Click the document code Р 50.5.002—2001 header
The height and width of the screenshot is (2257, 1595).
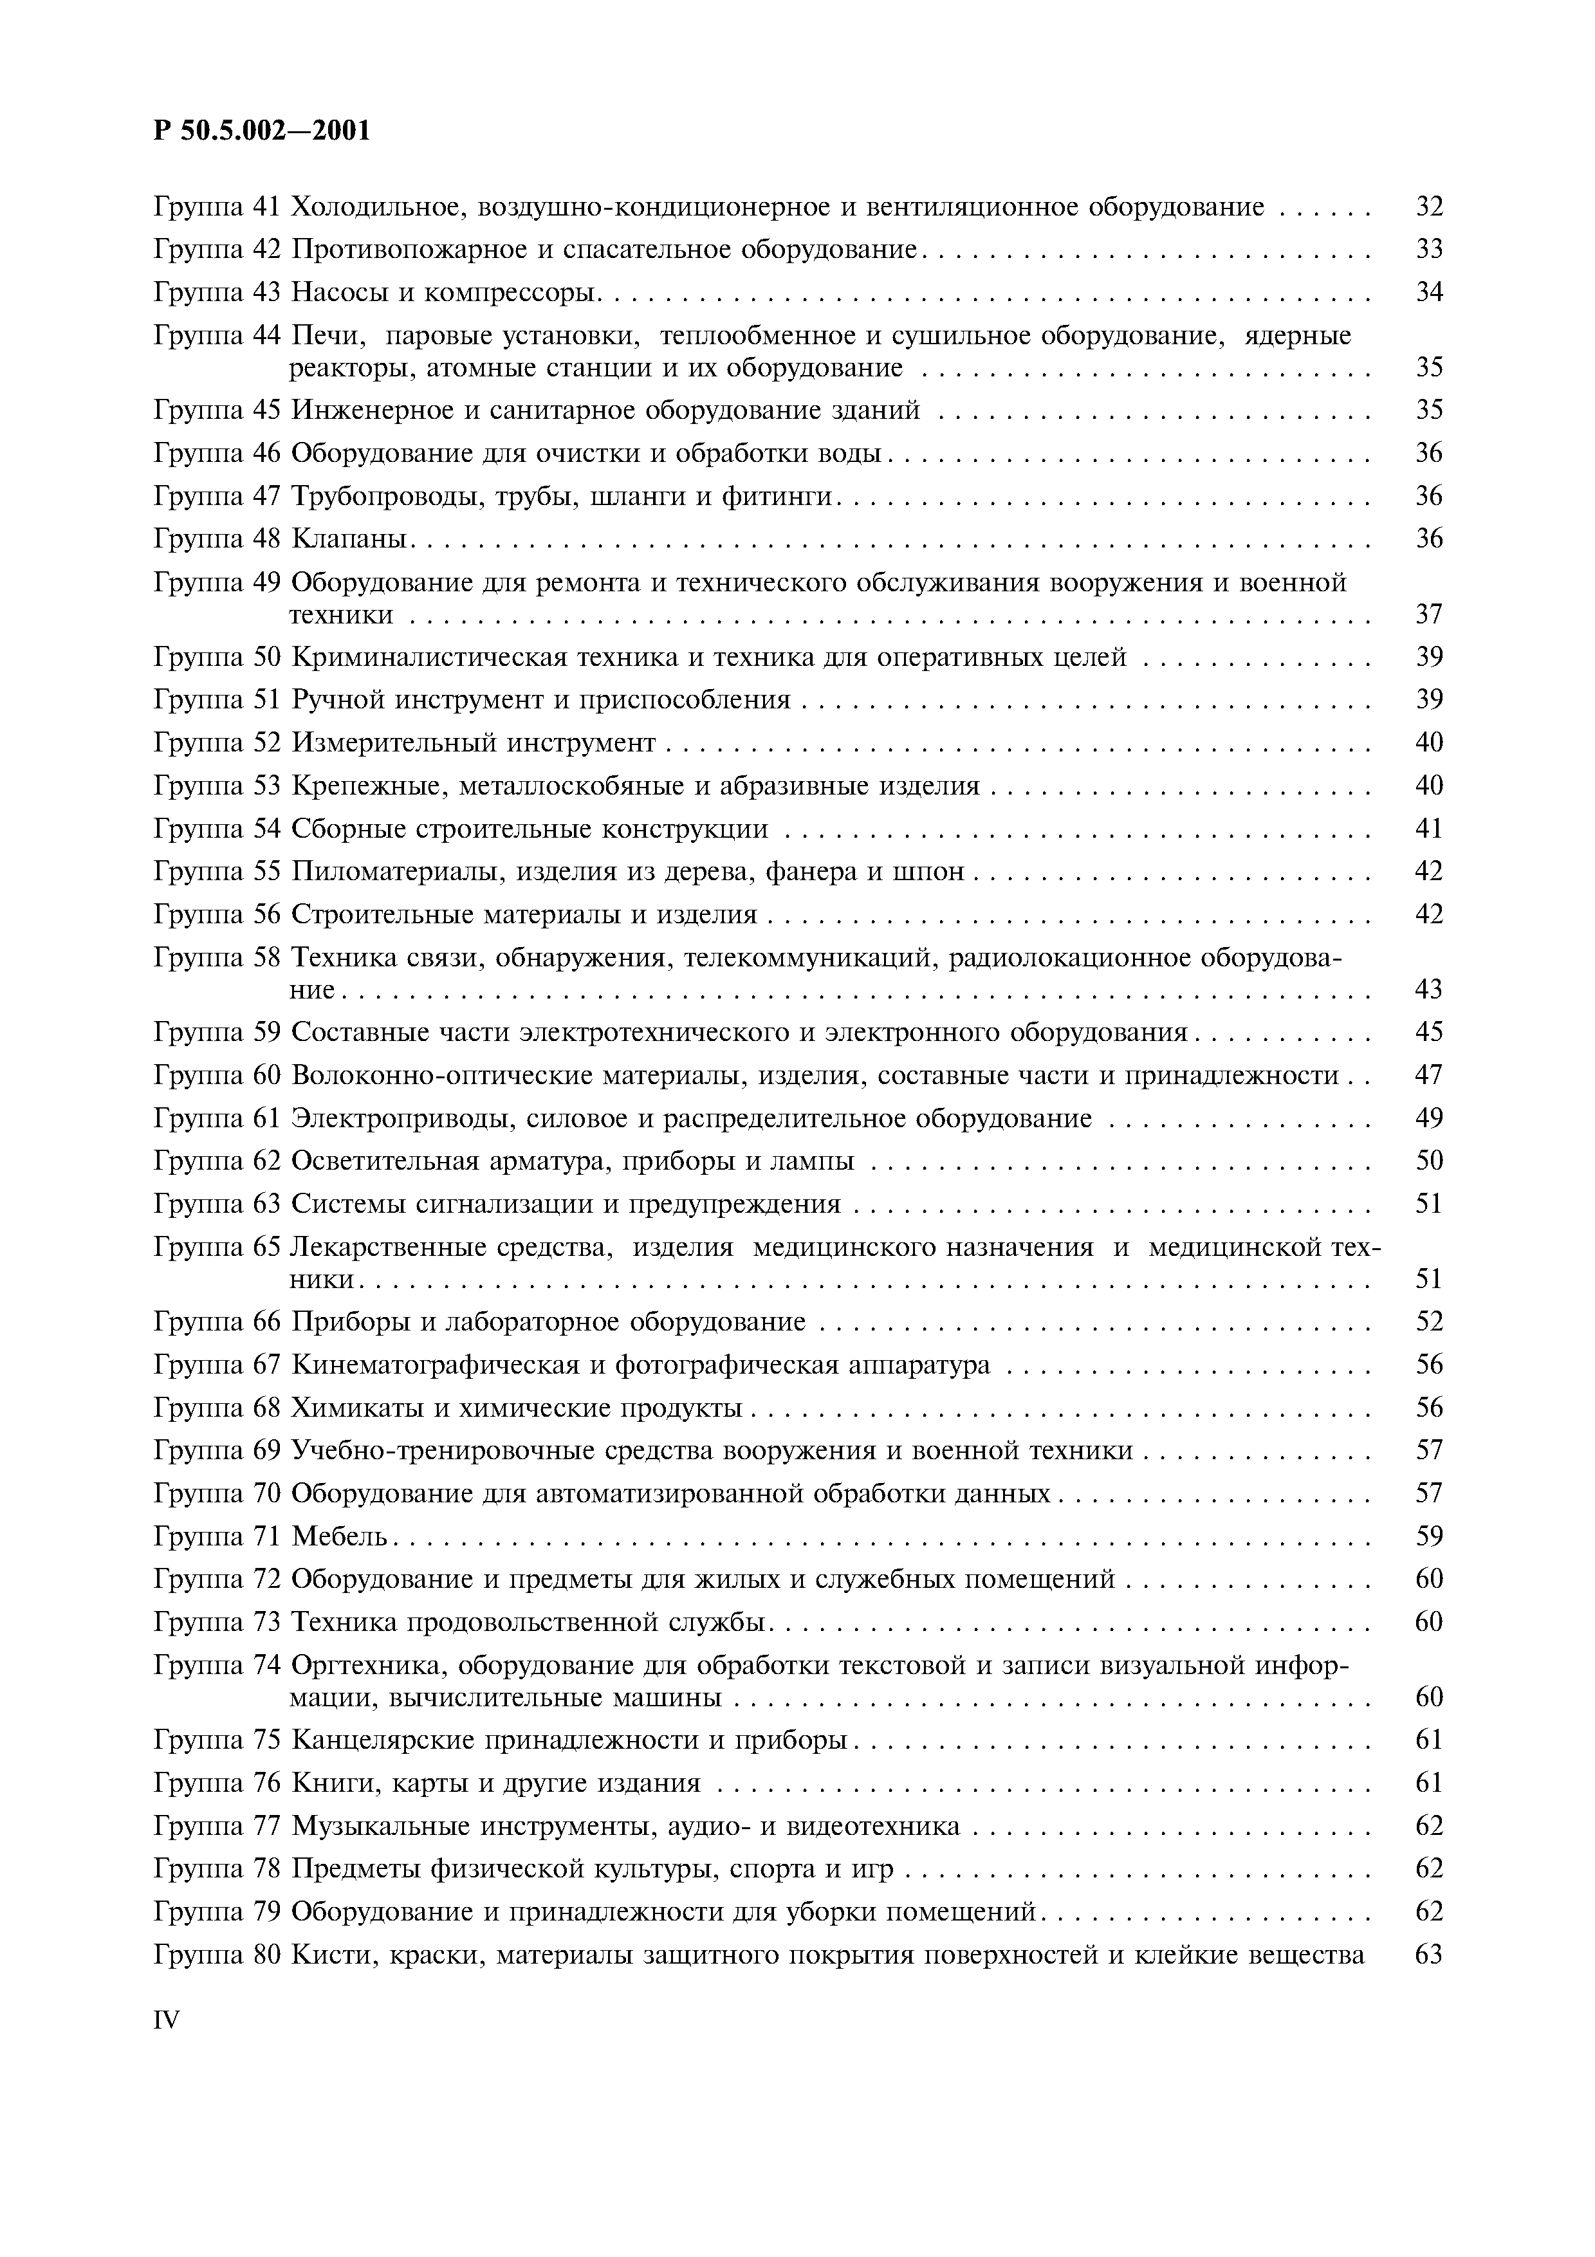pyautogui.click(x=263, y=131)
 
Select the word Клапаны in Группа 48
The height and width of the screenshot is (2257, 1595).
pyautogui.click(x=350, y=539)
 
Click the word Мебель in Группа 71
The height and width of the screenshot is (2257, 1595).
pyautogui.click(x=340, y=1536)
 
